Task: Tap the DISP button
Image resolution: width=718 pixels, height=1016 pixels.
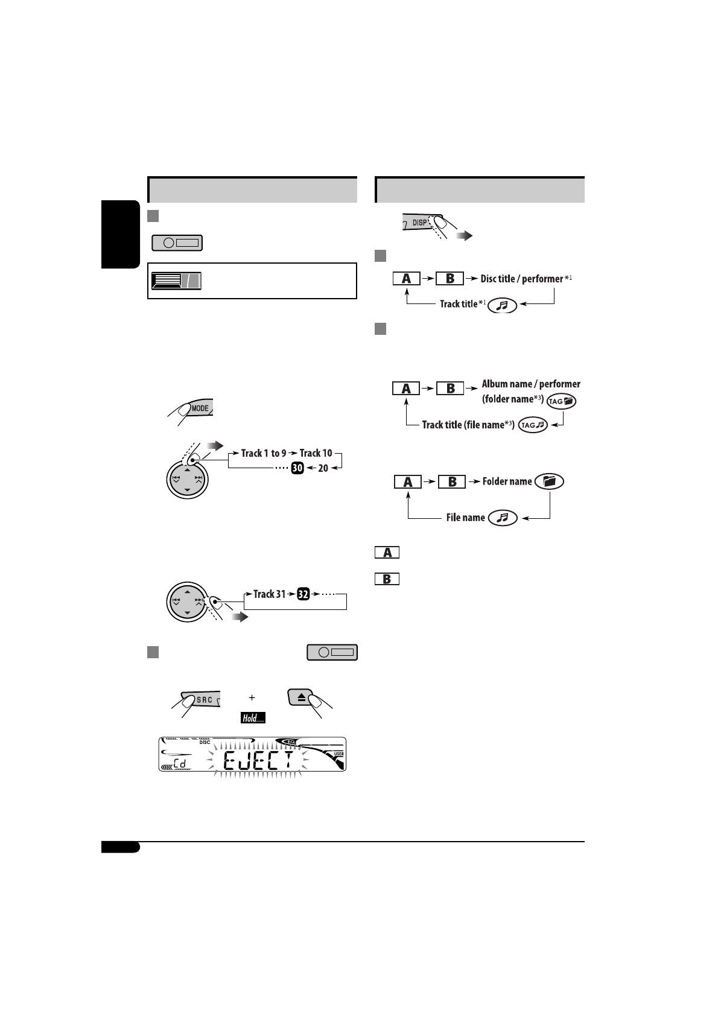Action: tap(420, 223)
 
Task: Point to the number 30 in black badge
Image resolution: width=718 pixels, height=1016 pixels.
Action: tap(297, 468)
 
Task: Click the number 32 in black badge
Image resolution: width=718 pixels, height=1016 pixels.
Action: tap(303, 594)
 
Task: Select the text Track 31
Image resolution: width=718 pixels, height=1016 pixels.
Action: tap(269, 594)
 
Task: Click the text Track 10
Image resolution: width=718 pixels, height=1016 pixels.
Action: tap(316, 453)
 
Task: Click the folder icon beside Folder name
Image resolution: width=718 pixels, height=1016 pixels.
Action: tap(549, 481)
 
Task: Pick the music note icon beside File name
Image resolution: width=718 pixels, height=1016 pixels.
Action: tap(503, 518)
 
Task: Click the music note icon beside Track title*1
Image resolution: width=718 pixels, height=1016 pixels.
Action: tap(502, 305)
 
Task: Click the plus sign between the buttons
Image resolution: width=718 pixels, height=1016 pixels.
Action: tap(252, 697)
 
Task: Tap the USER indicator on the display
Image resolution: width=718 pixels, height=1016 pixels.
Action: tap(338, 754)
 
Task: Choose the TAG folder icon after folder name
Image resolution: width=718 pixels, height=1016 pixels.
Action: tap(562, 401)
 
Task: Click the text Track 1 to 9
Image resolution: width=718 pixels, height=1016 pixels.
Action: tap(264, 453)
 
